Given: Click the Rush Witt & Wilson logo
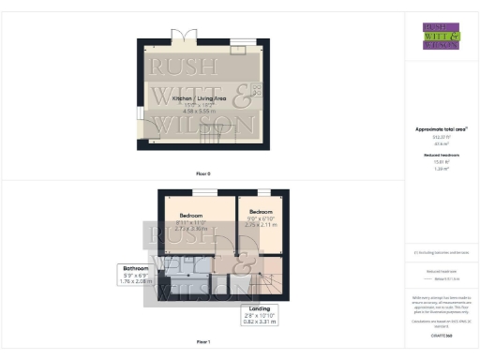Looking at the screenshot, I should (442, 36).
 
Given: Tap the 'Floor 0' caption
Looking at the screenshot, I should (203, 173).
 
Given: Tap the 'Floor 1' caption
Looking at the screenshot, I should (203, 342).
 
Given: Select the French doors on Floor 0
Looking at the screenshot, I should (184, 37).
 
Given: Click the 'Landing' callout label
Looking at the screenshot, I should (259, 308).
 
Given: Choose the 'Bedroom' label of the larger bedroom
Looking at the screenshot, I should (193, 215).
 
